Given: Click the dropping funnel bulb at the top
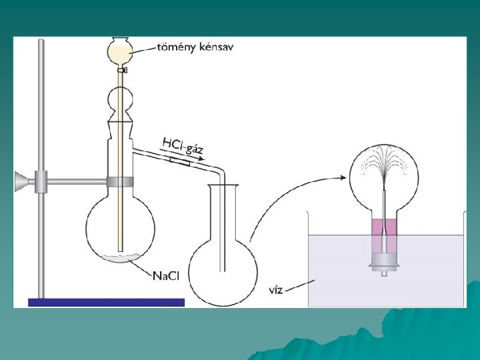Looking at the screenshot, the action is pyautogui.click(x=120, y=49).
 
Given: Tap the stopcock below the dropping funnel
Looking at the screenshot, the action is pyautogui.click(x=120, y=69).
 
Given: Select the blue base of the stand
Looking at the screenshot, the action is pyautogui.click(x=106, y=302).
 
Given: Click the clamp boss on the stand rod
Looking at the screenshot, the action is pyautogui.click(x=41, y=180).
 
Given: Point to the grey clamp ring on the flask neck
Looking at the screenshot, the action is pyautogui.click(x=119, y=181).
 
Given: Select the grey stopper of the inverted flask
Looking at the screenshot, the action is pyautogui.click(x=385, y=261).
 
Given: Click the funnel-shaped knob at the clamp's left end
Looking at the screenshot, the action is pyautogui.click(x=21, y=180).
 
